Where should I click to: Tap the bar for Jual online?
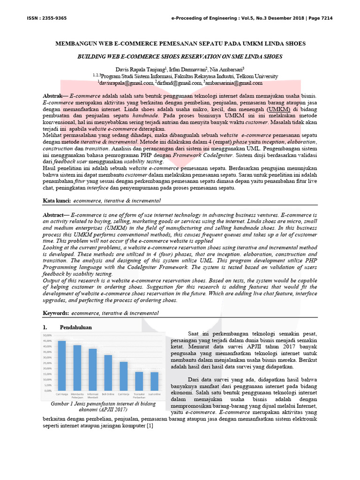[154, 381]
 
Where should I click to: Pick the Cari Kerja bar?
[123, 376]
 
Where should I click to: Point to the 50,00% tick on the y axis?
[47, 336]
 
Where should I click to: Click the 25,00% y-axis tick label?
[47, 363]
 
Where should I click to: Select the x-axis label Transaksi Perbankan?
[139, 397]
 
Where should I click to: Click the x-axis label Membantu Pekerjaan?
[77, 397]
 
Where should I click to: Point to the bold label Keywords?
[56, 312]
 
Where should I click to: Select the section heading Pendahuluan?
[75, 327]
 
